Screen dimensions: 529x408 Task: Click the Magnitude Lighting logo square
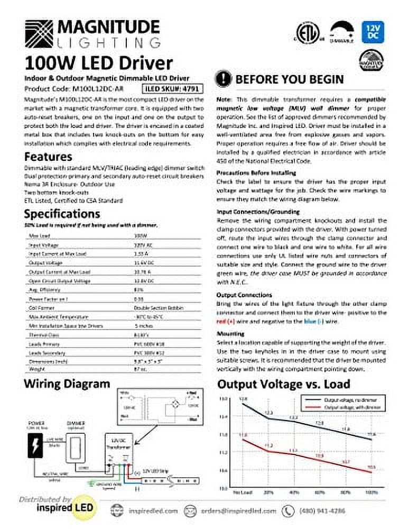coord(39,33)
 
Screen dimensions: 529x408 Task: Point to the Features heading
coord(48,157)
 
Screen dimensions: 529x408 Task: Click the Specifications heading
coord(62,214)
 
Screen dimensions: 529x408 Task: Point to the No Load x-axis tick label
coord(242,492)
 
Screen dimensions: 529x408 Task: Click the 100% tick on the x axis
coord(372,492)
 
